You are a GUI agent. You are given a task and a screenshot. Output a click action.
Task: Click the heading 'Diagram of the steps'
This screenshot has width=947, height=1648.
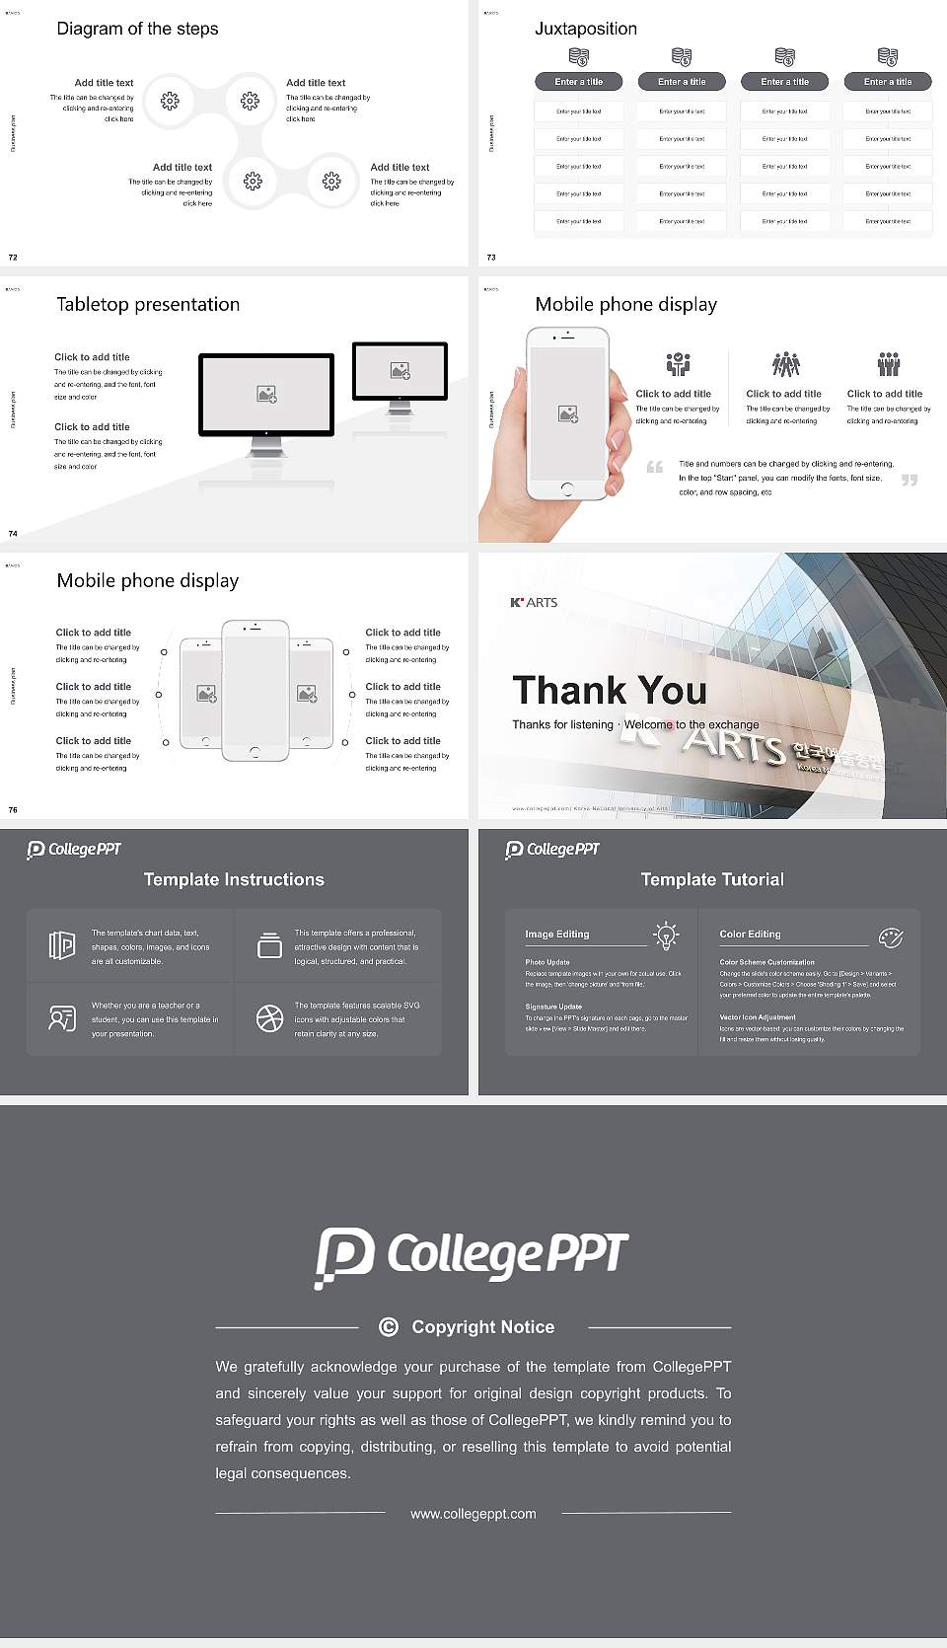click(137, 29)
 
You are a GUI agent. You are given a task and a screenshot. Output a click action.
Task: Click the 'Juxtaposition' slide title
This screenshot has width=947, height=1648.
click(585, 29)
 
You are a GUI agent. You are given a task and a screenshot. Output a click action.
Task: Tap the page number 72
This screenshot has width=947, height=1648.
click(13, 257)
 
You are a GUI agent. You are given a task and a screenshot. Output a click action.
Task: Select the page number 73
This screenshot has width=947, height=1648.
click(491, 257)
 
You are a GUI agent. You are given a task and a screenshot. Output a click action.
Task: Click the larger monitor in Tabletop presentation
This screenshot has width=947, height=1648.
click(266, 395)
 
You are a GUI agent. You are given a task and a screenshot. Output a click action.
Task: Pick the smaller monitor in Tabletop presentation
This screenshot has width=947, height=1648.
click(400, 371)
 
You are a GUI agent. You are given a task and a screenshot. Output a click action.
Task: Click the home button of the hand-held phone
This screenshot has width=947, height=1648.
click(566, 488)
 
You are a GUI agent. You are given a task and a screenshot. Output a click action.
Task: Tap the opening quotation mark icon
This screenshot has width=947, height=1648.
click(654, 467)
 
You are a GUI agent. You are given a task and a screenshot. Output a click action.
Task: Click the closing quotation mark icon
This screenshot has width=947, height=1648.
click(909, 480)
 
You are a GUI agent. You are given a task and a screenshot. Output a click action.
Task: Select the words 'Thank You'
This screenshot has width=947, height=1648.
click(609, 690)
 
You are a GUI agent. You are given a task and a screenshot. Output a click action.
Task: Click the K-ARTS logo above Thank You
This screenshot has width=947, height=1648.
click(534, 602)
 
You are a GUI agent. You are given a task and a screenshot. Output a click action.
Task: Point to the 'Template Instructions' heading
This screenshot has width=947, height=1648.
click(234, 879)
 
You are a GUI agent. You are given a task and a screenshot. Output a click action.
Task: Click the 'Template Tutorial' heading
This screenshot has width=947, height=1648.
click(712, 879)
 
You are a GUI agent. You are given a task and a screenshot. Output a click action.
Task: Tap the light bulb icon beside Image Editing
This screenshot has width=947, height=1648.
click(666, 935)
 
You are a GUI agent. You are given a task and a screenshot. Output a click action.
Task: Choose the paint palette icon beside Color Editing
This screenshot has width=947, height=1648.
click(890, 936)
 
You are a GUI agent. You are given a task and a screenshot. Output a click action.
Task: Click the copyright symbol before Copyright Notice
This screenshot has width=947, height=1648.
click(389, 1327)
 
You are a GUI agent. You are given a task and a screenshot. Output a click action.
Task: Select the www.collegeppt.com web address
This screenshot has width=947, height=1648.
click(473, 1513)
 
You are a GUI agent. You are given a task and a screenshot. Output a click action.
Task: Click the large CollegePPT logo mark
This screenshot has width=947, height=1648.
click(344, 1256)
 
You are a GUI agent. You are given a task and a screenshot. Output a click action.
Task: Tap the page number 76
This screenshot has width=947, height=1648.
click(13, 809)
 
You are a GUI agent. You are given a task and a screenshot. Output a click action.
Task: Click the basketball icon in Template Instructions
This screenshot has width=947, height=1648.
click(269, 1018)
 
